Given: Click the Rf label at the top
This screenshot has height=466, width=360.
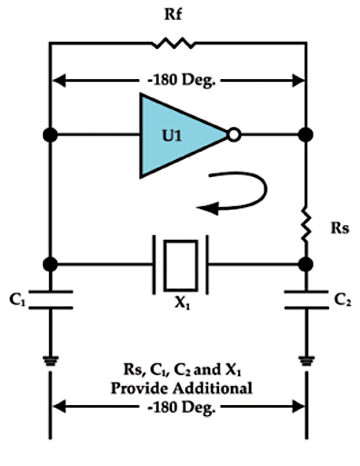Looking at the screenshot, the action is click(x=173, y=15).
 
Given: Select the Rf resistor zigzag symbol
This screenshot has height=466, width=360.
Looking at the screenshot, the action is click(x=173, y=44).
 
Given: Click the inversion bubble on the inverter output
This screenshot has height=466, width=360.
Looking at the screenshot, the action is click(x=234, y=134).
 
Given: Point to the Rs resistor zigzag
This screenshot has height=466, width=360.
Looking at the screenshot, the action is click(x=305, y=224).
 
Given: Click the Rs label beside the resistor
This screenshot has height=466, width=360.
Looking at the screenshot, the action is click(x=340, y=228).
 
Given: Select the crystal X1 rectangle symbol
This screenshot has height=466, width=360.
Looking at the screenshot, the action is click(x=181, y=265).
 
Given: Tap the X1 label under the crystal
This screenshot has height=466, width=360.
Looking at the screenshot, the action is click(x=183, y=302).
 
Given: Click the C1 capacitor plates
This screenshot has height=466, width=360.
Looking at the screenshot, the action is click(x=51, y=300).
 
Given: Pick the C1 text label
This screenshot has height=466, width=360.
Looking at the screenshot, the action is click(x=17, y=300).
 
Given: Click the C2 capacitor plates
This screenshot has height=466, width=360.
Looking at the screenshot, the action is click(x=306, y=300).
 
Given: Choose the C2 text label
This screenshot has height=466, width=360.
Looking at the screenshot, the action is click(x=343, y=300).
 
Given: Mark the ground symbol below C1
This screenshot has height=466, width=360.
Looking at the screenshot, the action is click(x=51, y=361).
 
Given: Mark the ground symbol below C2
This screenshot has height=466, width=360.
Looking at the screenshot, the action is click(x=306, y=361).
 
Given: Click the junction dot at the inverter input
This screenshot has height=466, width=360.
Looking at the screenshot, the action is click(x=50, y=134).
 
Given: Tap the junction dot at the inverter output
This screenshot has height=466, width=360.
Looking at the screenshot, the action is click(x=305, y=134).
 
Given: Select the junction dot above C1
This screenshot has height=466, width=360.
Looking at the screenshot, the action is click(x=50, y=264).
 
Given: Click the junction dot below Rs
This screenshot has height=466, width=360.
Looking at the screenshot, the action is click(x=305, y=264).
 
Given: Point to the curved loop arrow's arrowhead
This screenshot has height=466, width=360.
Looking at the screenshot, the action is click(x=207, y=208).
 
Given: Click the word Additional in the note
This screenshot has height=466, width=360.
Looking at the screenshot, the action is click(x=213, y=388).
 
